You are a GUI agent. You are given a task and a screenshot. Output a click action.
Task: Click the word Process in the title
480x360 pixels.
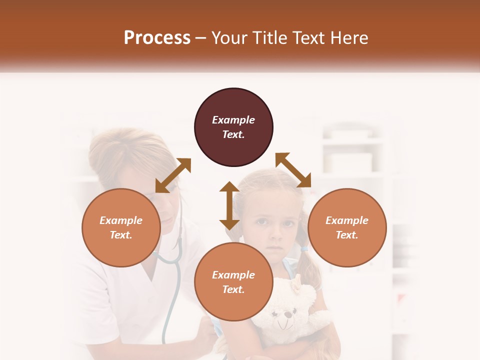tap(157, 38)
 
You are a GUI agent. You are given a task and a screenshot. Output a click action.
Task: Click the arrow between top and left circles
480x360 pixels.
tap(173, 175)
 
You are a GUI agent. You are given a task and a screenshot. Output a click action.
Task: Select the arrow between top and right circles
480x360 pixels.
tap(293, 170)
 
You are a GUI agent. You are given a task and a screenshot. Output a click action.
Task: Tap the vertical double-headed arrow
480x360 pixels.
tap(229, 205)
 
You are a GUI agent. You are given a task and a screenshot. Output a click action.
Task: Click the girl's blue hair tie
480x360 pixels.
tap(304, 248)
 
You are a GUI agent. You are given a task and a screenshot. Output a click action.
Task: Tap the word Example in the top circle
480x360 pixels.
tap(233, 120)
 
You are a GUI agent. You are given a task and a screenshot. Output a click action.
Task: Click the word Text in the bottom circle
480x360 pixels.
tap(233, 289)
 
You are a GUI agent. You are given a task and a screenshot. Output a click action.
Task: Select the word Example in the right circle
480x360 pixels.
tap(347, 220)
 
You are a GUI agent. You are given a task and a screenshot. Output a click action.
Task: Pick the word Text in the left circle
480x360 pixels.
tap(121, 235)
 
